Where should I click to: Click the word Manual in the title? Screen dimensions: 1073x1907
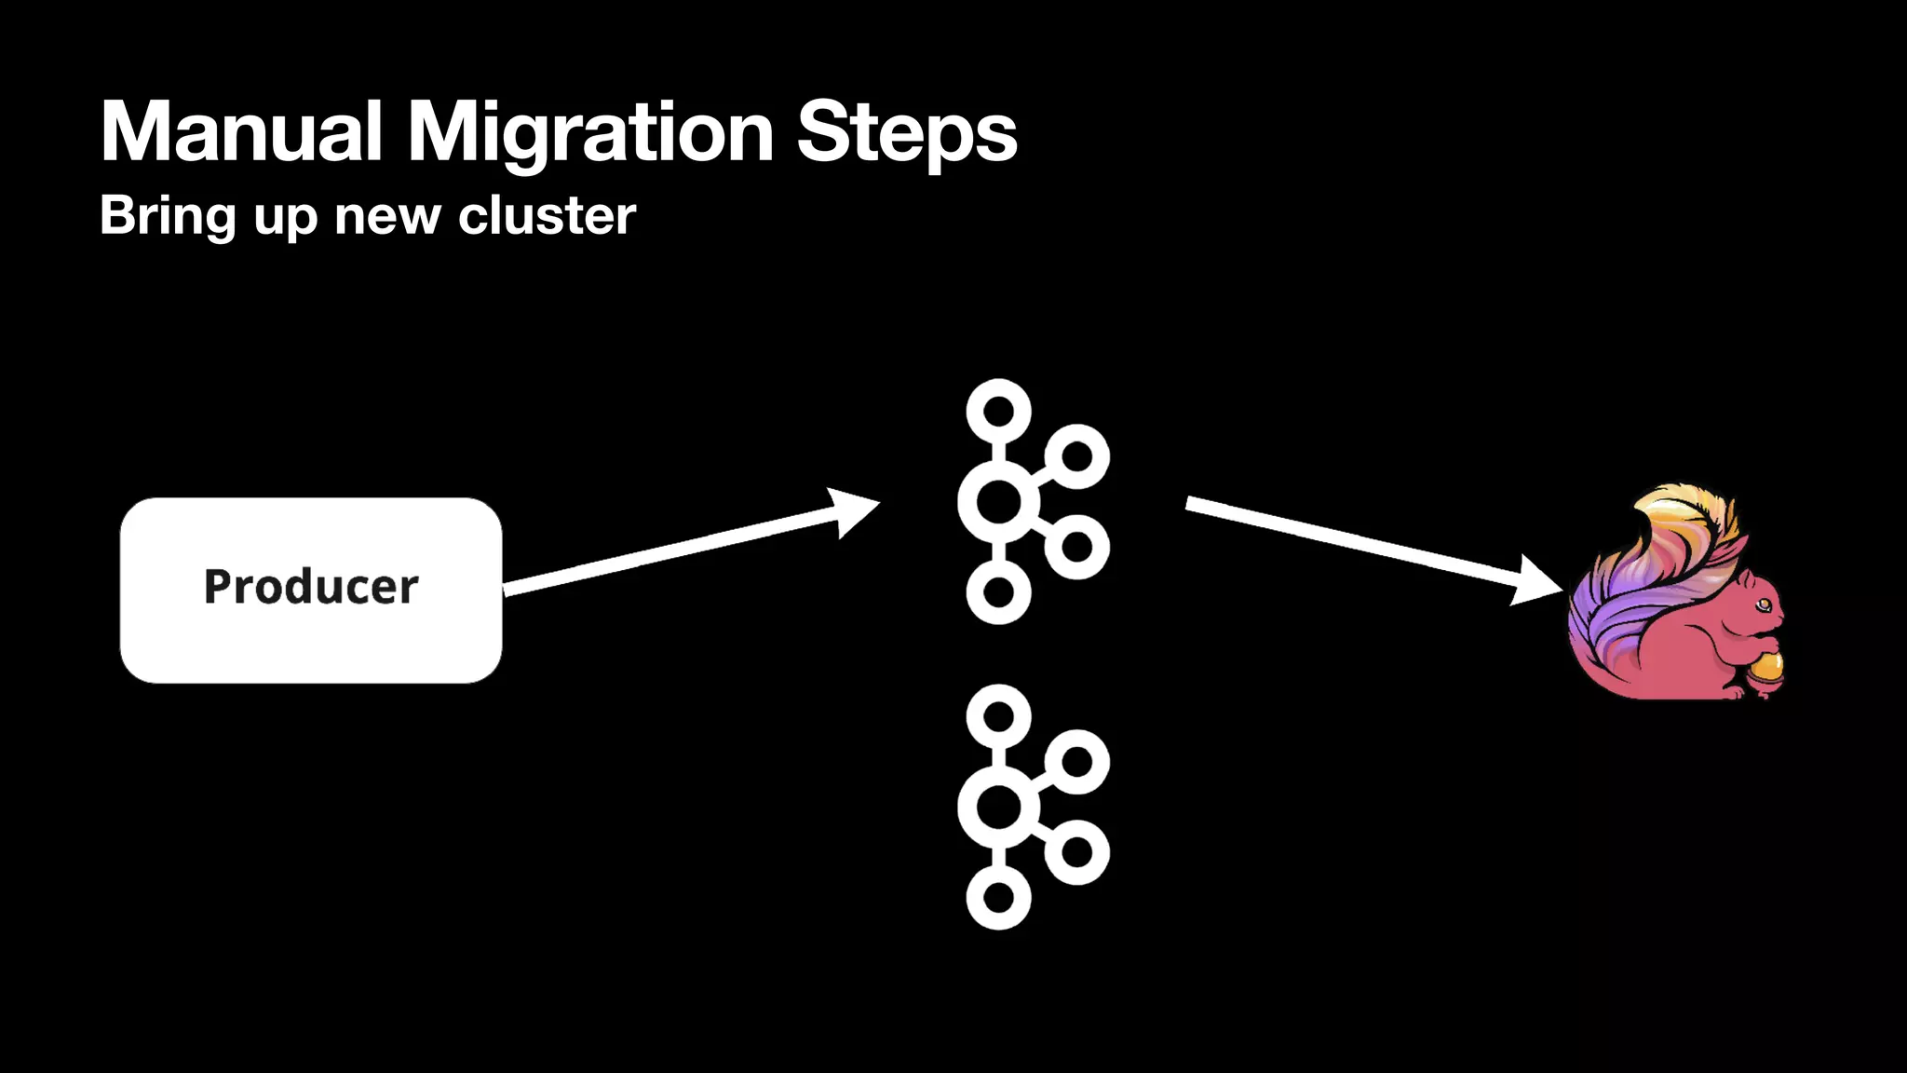point(240,132)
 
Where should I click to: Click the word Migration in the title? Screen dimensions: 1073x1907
point(590,132)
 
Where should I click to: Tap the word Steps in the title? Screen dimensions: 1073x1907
point(906,132)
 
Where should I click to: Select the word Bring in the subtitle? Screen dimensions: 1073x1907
point(168,216)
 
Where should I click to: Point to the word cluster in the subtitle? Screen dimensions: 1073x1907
point(547,216)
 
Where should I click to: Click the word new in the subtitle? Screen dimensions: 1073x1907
point(386,216)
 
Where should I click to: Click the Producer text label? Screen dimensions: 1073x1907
point(311,587)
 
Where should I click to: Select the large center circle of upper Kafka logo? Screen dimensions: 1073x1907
point(998,502)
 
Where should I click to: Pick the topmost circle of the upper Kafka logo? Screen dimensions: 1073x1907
point(998,411)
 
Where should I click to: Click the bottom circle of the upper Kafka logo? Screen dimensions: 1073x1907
point(998,591)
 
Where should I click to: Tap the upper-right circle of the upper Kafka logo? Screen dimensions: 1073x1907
point(1076,456)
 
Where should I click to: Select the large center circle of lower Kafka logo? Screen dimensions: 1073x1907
point(998,807)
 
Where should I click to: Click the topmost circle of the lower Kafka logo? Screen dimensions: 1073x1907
point(998,716)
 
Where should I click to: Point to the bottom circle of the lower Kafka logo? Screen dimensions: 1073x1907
point(998,898)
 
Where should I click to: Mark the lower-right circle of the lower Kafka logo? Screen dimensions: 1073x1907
point(1076,851)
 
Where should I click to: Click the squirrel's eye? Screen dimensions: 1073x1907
point(1764,605)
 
